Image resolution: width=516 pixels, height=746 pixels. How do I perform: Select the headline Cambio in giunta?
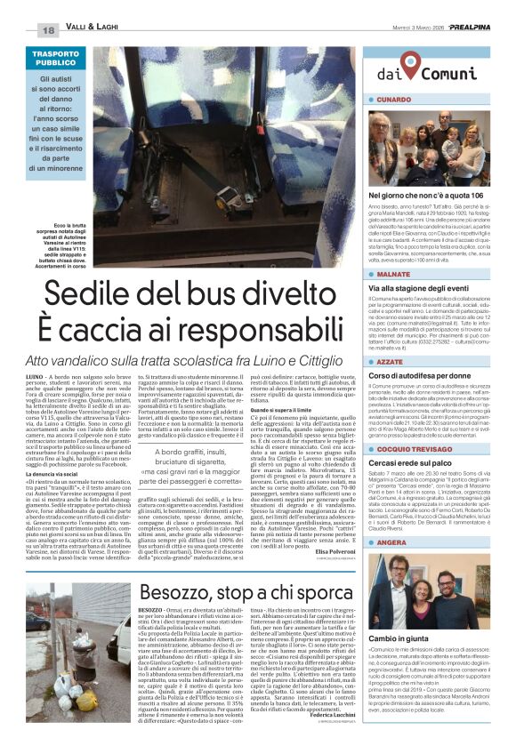tap(398, 638)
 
